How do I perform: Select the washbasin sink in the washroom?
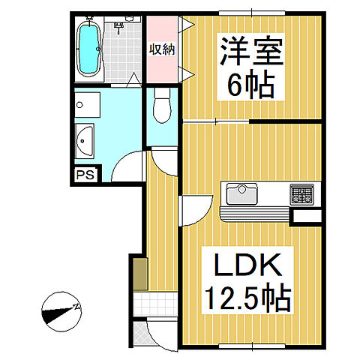tap(85, 140)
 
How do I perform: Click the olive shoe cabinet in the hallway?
tap(139, 274)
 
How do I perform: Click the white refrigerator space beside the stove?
tap(307, 217)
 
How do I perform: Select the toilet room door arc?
tap(163, 158)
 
